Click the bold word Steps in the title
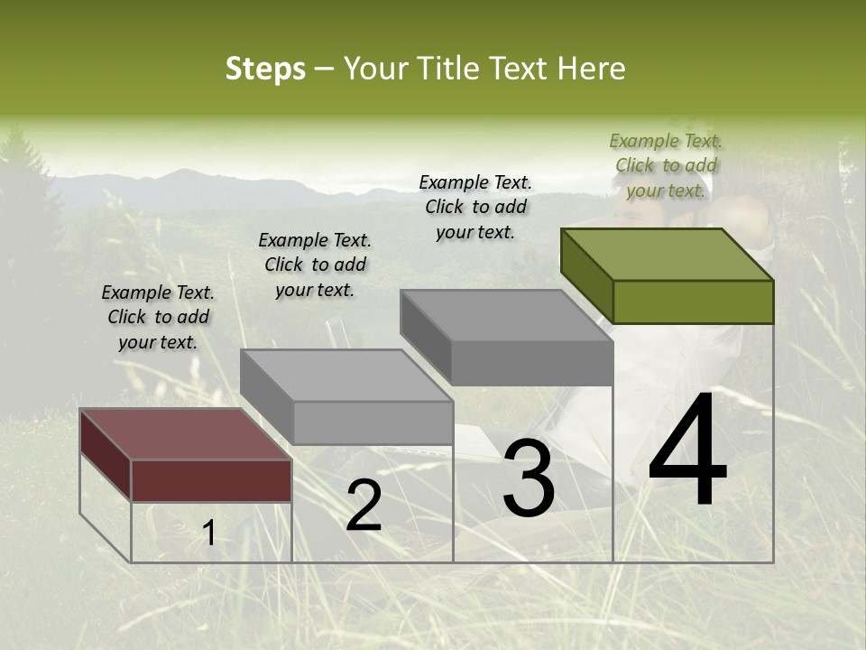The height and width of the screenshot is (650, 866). (x=265, y=69)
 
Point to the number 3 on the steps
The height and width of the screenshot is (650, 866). (x=529, y=478)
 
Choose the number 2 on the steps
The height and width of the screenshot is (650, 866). (x=364, y=506)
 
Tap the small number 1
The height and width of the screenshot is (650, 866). (x=209, y=534)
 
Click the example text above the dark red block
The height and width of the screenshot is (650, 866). (x=158, y=318)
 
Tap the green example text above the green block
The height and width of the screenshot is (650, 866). (x=666, y=165)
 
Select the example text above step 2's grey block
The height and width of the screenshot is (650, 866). (x=315, y=265)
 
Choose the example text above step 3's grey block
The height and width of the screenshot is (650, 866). (x=475, y=207)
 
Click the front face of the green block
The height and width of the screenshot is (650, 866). (x=693, y=302)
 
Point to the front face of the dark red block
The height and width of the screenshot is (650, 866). (x=211, y=480)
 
